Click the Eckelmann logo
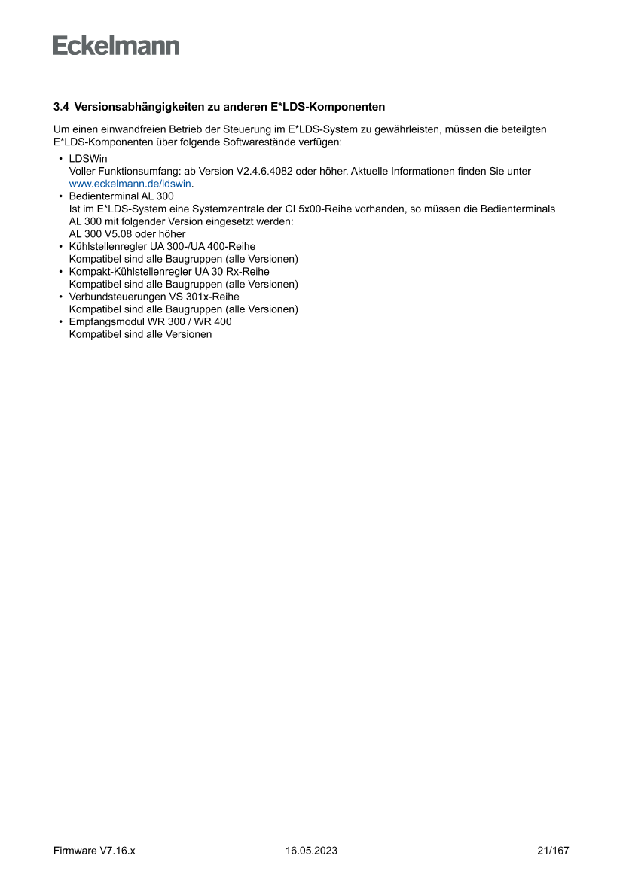[116, 46]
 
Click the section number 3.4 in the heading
[61, 107]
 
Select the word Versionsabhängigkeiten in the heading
[133, 107]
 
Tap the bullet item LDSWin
[88, 159]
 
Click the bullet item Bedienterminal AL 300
[121, 196]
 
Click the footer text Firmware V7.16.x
[94, 851]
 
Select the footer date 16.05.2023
[311, 851]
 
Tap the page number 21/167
[553, 851]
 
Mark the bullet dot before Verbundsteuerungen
[60, 297]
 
